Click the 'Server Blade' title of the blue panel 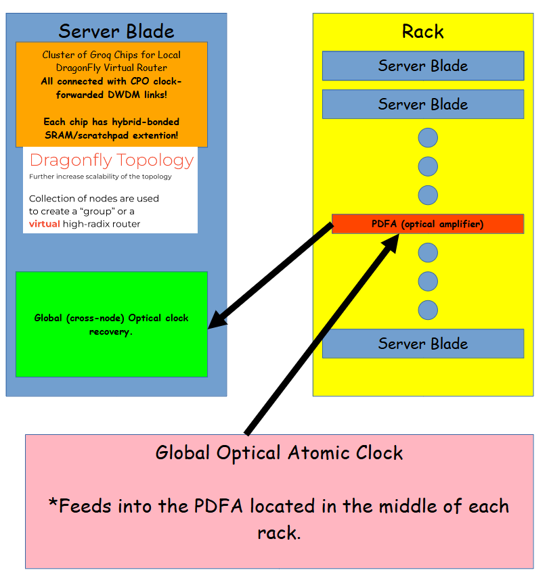pos(116,31)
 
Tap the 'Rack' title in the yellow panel pos(422,31)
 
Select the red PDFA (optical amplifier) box pos(428,224)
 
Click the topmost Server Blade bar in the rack pos(422,66)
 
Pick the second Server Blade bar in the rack pos(422,104)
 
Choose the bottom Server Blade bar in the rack pos(422,344)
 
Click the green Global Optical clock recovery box pos(111,325)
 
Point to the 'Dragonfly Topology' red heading pos(112,160)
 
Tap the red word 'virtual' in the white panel pos(45,224)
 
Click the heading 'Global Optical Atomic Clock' pos(279,452)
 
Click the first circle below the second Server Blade pos(428,138)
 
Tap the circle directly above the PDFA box pos(428,195)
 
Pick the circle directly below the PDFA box pos(428,253)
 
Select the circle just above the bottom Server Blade pos(428,310)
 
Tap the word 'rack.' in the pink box pos(279,533)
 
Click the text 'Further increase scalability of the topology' pos(100,177)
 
